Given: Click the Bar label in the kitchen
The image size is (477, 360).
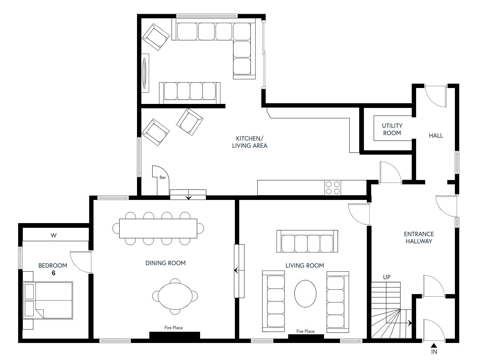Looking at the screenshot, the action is pos(162,177).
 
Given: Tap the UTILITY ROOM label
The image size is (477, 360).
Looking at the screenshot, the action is pos(392,129).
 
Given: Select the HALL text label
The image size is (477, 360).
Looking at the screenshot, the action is pos(436,135).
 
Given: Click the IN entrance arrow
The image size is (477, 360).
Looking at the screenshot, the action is pos(434,345).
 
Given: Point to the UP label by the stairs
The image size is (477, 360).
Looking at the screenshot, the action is pos(387,277).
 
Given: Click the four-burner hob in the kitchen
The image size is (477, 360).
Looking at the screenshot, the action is pos(332,188).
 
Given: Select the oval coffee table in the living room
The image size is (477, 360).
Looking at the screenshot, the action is pos(305,294).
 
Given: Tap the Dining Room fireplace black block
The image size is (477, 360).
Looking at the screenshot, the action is pos(174,335).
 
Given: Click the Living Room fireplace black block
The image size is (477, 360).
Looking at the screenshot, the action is pos(306,336).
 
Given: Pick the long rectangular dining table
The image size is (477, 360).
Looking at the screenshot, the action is pos(158,229).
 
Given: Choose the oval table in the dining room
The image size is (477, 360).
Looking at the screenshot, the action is pos(175,296).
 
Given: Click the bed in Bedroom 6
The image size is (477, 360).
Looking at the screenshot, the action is pos(48,300).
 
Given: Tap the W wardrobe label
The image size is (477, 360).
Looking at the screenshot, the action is pos(53,235).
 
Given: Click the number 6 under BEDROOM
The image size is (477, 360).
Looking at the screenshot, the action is pos(53,273).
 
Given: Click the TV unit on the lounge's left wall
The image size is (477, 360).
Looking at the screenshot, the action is pos(145,73).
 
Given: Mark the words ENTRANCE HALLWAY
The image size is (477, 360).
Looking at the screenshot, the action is pos(419,238).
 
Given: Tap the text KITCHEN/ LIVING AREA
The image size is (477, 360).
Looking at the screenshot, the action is pos(249,142).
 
